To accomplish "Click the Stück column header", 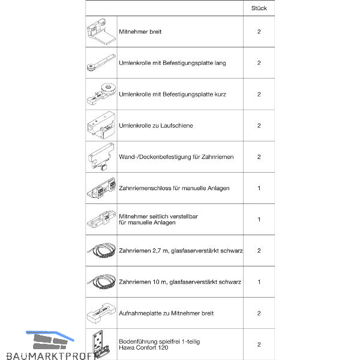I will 259,8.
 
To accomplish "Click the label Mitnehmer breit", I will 140,31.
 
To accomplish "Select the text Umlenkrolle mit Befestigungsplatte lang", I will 172,62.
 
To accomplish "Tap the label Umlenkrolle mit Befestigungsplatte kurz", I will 172,94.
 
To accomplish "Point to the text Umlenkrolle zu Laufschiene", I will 156,125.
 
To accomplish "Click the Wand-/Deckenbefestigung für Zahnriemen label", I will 176,157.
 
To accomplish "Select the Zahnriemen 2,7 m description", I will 181,250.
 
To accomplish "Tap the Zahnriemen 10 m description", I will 180,282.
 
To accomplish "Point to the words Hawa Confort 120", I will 143,348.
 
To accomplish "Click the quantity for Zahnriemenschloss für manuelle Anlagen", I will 259,188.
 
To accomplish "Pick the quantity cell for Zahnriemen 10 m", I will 259,282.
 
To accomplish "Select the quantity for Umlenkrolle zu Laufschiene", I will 259,125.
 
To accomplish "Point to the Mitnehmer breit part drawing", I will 101,31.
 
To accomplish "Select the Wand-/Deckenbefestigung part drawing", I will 101,157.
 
